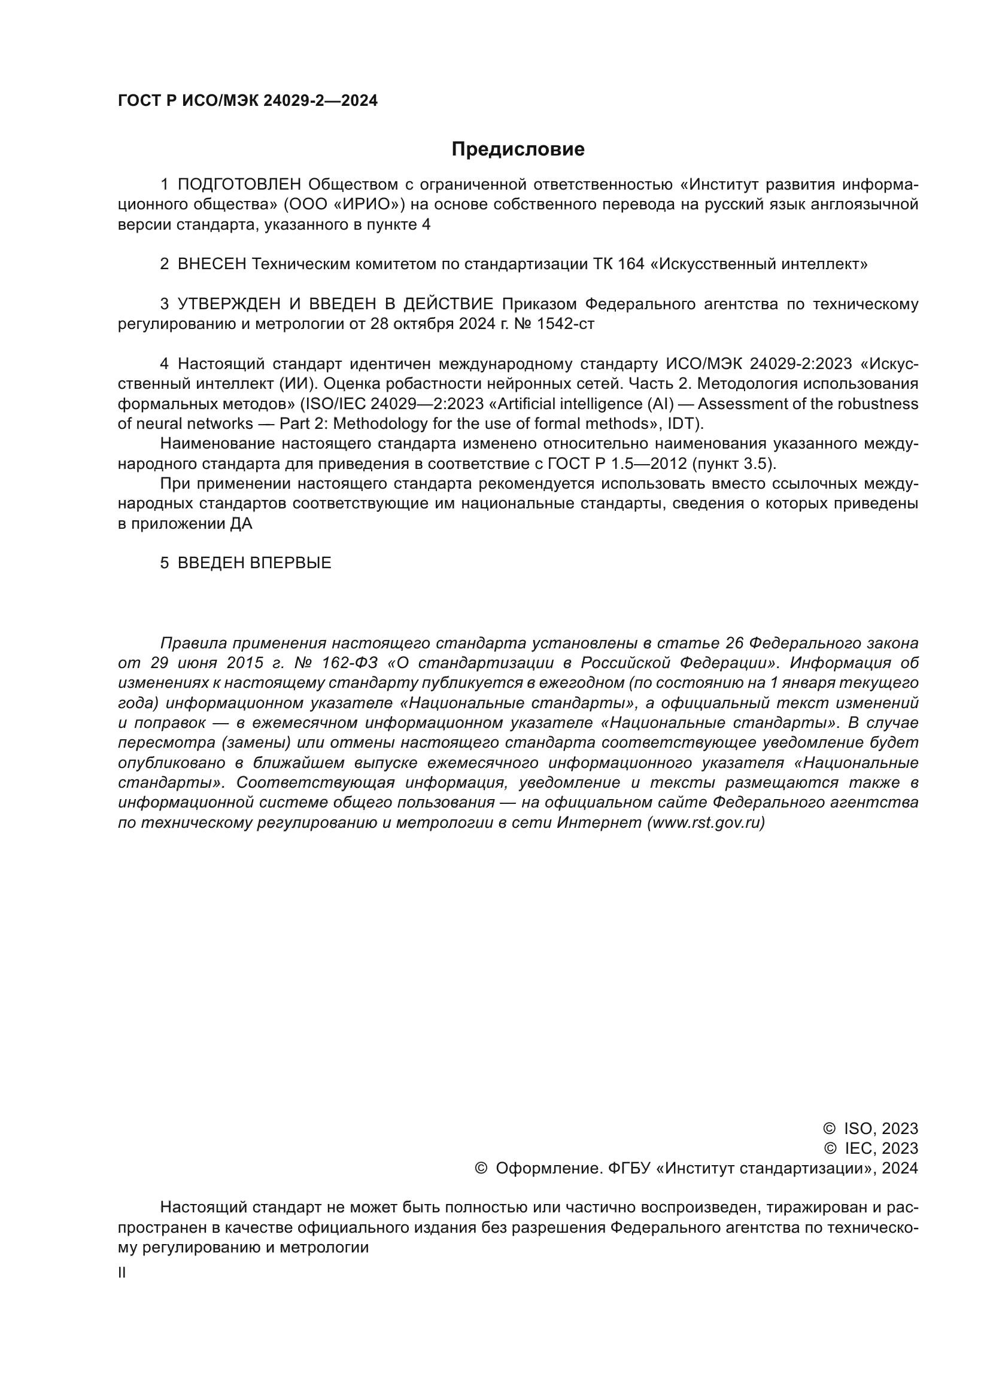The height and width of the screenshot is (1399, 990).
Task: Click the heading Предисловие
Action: point(518,150)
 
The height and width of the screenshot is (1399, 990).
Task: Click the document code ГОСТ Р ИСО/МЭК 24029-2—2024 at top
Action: point(248,101)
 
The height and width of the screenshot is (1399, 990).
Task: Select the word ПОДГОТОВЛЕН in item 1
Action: point(239,185)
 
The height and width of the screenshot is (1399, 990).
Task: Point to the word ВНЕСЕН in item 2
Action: point(212,264)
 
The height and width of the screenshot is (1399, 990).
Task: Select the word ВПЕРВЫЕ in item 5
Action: point(291,563)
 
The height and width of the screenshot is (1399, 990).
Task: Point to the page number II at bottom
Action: point(122,1273)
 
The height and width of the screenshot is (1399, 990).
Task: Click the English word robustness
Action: point(882,404)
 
